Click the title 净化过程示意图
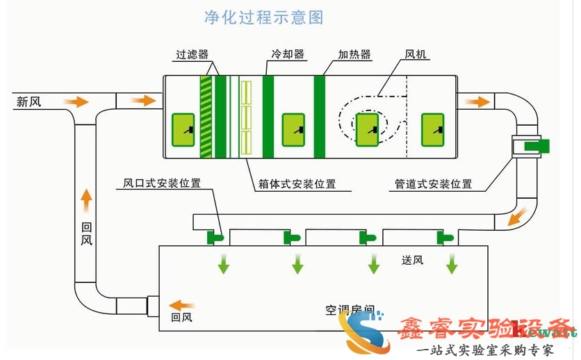click(263, 17)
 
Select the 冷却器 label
click(288, 54)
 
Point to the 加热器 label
click(354, 54)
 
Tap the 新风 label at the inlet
click(28, 102)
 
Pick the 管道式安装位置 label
click(433, 184)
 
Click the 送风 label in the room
click(412, 261)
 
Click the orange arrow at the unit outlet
click(477, 101)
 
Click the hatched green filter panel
click(206, 116)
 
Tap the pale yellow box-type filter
click(245, 115)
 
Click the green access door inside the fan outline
click(366, 129)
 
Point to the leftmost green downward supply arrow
click(223, 263)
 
